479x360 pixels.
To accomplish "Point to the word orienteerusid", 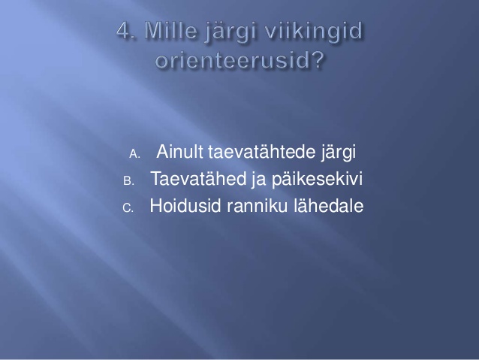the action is tap(234, 60).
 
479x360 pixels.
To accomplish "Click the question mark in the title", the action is tap(318, 60).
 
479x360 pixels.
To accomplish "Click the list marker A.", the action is tap(134, 154).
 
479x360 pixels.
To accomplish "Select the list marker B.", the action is tap(128, 181).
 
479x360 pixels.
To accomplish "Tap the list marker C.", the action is tap(128, 208).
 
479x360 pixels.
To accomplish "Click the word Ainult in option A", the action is tap(179, 151).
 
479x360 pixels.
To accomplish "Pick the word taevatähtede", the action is tap(262, 151).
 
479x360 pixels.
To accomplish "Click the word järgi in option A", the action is tap(339, 153).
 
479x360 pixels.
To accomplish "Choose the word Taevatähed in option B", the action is tap(198, 178).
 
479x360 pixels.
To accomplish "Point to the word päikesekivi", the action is tap(317, 180).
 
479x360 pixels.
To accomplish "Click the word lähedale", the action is tap(329, 205).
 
